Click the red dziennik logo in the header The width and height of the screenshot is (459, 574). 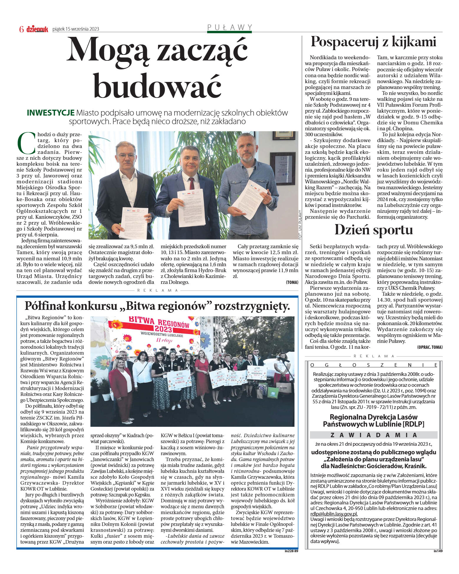point(37,29)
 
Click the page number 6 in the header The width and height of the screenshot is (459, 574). point(21,29)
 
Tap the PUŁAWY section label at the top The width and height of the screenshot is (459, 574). point(229,27)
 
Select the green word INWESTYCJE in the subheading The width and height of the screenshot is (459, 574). point(50,113)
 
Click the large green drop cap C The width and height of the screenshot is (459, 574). point(27,143)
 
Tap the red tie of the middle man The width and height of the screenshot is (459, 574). point(191,183)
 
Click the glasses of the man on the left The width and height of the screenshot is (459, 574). point(126,156)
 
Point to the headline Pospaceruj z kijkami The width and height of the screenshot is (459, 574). point(373,42)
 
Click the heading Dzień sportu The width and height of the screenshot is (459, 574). point(373,230)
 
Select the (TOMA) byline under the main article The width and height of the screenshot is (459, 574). point(292,282)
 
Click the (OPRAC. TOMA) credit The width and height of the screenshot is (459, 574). point(430,347)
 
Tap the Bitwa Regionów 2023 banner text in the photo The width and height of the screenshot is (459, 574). point(159,325)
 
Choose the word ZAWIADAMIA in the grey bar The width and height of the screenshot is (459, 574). point(374,435)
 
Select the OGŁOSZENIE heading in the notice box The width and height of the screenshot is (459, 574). point(374,365)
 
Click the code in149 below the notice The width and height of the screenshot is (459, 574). point(438,551)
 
